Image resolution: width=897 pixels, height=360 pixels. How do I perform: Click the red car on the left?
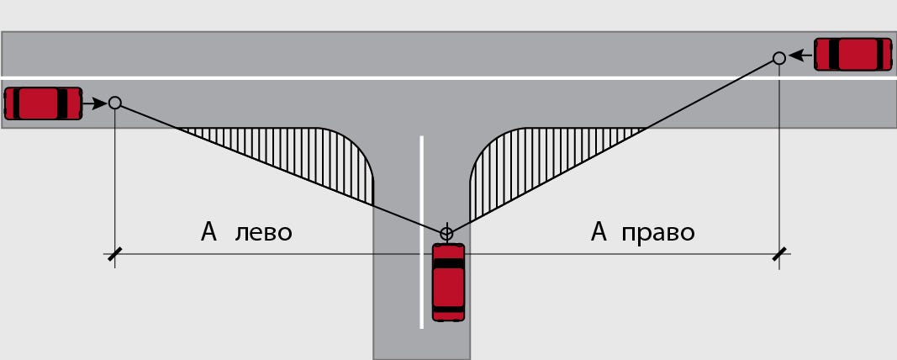pyautogui.click(x=43, y=103)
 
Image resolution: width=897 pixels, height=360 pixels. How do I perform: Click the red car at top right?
pyautogui.click(x=852, y=54)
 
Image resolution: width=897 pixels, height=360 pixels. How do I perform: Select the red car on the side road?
pyautogui.click(x=448, y=283)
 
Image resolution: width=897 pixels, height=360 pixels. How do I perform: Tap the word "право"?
pyautogui.click(x=657, y=232)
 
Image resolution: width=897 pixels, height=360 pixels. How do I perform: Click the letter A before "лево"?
pyautogui.click(x=209, y=231)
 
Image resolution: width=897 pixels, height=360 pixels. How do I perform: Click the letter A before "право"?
pyautogui.click(x=599, y=231)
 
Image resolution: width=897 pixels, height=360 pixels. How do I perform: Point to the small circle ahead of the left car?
pyautogui.click(x=115, y=103)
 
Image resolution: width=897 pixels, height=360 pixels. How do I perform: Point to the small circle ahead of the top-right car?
pyautogui.click(x=779, y=57)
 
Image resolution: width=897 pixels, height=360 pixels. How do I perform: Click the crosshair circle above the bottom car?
pyautogui.click(x=446, y=233)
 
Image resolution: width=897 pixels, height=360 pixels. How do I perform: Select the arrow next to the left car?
pyautogui.click(x=97, y=103)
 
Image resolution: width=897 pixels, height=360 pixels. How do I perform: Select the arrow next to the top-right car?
pyautogui.click(x=799, y=56)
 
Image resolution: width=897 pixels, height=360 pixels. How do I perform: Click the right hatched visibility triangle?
pyautogui.click(x=530, y=160)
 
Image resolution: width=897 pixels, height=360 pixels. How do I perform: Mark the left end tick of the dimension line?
pyautogui.click(x=113, y=254)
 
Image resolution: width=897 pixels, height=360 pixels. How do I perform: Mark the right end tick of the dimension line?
pyautogui.click(x=779, y=254)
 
